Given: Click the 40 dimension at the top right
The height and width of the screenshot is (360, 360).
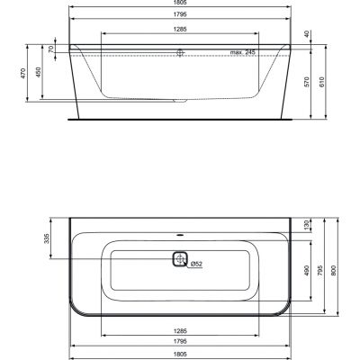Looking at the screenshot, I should pos(307,34).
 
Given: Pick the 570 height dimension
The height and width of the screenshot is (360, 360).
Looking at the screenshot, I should pos(307,81).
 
